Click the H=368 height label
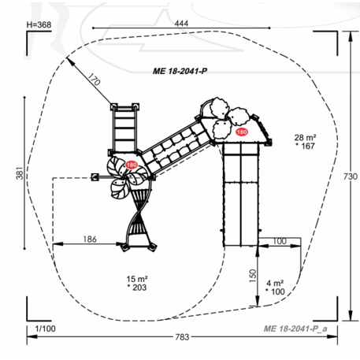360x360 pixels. (x=39, y=24)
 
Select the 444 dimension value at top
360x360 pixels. (x=181, y=24)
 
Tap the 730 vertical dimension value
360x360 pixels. (x=351, y=176)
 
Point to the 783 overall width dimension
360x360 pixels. (x=182, y=337)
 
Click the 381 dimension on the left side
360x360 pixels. (x=20, y=173)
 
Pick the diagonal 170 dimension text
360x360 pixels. (x=94, y=80)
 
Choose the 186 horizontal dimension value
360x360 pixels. (x=90, y=239)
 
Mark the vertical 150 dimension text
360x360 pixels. (x=252, y=276)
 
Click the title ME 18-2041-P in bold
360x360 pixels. (x=180, y=71)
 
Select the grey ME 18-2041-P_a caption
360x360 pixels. (x=295, y=328)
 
